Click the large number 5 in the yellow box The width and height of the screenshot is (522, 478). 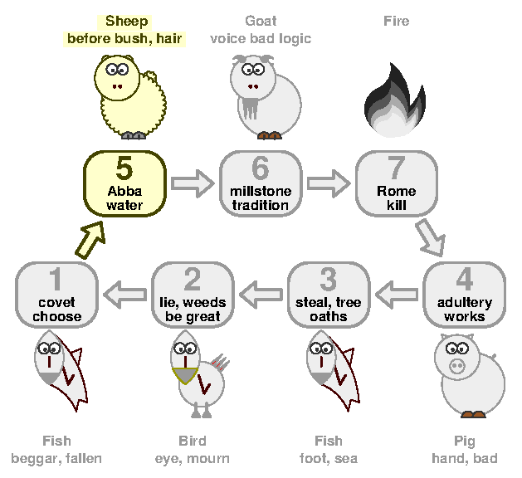pos(124,168)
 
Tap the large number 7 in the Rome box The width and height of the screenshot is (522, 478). pos(396,168)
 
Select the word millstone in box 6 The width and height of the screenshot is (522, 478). pos(261,191)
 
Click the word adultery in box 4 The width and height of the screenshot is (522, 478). pos(465,303)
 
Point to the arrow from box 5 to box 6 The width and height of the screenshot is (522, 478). pos(193,183)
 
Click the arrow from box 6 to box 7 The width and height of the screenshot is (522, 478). pos(329,183)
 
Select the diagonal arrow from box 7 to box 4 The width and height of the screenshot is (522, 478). pos(431,238)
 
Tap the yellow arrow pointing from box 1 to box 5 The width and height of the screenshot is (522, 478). pos(90,240)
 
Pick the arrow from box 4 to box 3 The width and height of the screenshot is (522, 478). pos(397,295)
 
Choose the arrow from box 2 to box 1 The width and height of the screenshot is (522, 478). pos(124,295)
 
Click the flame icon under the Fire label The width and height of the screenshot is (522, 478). pos(395,100)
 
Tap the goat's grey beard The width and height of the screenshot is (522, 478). pos(250,107)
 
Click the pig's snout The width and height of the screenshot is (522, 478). pos(456,366)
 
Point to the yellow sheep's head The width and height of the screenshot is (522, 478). pos(116,78)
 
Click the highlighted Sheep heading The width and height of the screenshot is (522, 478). pos(126,22)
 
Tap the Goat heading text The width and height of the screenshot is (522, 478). pos(261,22)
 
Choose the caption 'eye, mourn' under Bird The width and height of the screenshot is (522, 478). pos(193,459)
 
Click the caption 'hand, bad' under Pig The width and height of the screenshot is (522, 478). pos(465,459)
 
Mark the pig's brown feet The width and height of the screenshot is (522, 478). pos(473,414)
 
